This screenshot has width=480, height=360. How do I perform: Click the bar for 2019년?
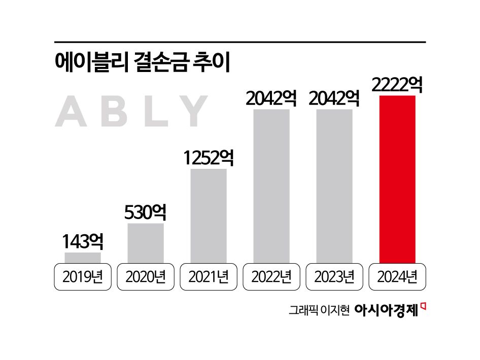click(82, 258)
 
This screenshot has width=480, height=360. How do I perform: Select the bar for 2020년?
click(145, 243)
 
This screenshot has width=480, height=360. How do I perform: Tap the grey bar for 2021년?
click(208, 215)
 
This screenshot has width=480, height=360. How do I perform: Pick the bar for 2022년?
click(271, 186)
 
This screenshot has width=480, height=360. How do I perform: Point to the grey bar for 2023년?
click(334, 186)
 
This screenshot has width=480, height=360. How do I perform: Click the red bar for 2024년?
click(397, 179)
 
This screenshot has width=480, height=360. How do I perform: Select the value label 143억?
click(83, 242)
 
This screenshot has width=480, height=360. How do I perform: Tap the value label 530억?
click(146, 212)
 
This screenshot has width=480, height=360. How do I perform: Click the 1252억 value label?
click(209, 158)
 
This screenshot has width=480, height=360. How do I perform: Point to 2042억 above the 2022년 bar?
click(271, 98)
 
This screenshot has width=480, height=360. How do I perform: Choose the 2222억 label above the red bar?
click(397, 85)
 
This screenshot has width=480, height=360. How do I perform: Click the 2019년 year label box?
click(82, 277)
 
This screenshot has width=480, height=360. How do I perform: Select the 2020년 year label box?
click(145, 277)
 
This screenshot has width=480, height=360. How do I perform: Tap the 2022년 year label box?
click(271, 277)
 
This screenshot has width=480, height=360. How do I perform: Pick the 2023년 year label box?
click(334, 277)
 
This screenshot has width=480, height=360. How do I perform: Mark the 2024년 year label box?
click(397, 277)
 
